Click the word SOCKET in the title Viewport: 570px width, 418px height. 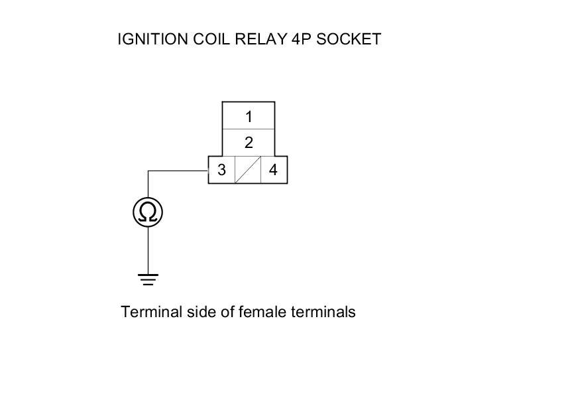(349, 39)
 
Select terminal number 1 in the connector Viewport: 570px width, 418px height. (249, 117)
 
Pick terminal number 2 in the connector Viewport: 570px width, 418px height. (249, 143)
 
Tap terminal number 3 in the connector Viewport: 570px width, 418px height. (222, 170)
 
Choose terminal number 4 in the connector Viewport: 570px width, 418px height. (273, 170)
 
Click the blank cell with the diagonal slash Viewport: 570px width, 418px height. (248, 170)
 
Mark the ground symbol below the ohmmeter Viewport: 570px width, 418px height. (148, 279)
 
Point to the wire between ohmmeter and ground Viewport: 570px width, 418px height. (148, 250)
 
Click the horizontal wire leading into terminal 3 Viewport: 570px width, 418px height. (178, 171)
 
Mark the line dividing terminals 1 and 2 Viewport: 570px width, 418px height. (249, 129)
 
